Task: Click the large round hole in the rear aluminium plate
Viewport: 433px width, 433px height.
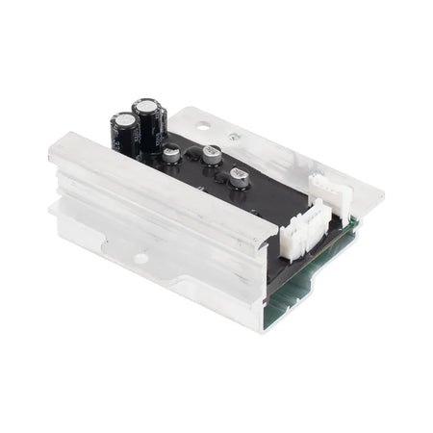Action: point(205,122)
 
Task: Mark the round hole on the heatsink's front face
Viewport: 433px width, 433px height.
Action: point(140,258)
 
